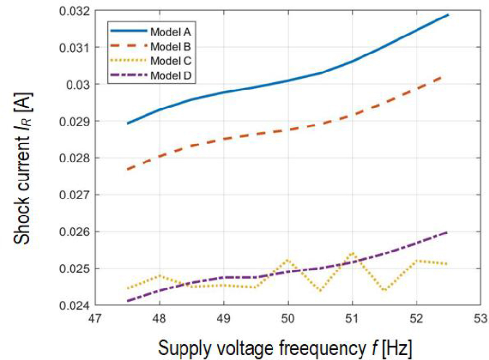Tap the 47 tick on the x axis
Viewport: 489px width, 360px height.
click(x=95, y=319)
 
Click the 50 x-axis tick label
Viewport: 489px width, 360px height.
click(x=288, y=319)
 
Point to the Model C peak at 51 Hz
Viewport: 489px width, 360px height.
click(x=352, y=253)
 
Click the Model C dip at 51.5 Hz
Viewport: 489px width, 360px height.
click(x=384, y=291)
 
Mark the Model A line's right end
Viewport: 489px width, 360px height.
click(x=448, y=15)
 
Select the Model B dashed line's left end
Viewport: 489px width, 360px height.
click(x=127, y=169)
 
